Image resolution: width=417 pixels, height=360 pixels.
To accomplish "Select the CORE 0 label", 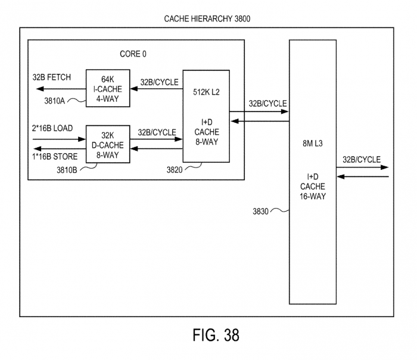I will (133, 54).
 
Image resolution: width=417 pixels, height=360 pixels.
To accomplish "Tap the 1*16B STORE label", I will (54, 158).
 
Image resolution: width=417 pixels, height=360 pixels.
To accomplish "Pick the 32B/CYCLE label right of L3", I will (362, 159).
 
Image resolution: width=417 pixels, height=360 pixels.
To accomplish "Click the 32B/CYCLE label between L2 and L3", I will (267, 103).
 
